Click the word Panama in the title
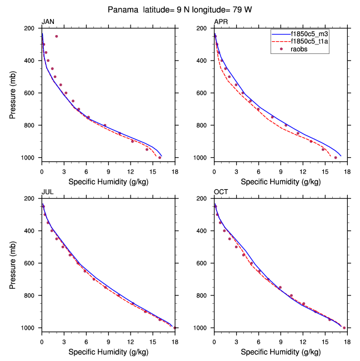coord(124,9)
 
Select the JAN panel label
coord(48,22)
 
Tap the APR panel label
coord(221,22)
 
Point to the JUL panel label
coord(48,192)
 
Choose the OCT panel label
coord(221,192)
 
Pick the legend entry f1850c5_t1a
coord(306,41)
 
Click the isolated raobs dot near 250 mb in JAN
coord(57,36)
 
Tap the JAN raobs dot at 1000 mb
coord(160,157)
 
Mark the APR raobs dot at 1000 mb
coord(336,157)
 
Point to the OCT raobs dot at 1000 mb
coord(344,328)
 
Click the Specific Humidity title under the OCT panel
coord(281,352)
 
